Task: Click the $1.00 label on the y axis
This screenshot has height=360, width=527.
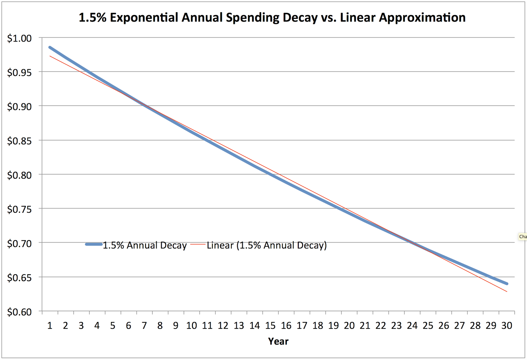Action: pyautogui.click(x=19, y=38)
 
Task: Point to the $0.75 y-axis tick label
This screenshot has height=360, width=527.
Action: pyautogui.click(x=19, y=209)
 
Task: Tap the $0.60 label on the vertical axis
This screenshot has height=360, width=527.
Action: pyautogui.click(x=19, y=312)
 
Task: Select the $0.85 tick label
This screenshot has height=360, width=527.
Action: pyautogui.click(x=19, y=141)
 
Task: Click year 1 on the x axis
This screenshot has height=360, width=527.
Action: pyautogui.click(x=50, y=326)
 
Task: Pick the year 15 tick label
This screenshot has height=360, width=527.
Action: pyautogui.click(x=270, y=326)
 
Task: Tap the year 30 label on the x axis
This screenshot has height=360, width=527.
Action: pyautogui.click(x=507, y=326)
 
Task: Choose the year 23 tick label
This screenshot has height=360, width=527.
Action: pyautogui.click(x=396, y=326)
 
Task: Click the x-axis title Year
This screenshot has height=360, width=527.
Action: pyautogui.click(x=278, y=341)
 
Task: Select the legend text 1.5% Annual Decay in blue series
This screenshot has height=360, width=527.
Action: pyautogui.click(x=145, y=245)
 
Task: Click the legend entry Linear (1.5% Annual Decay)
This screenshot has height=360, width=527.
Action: pyautogui.click(x=266, y=245)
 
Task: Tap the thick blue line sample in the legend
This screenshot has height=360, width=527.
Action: pyautogui.click(x=94, y=244)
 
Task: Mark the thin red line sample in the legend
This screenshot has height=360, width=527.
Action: pyautogui.click(x=198, y=244)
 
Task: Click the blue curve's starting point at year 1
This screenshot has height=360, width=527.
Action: pyautogui.click(x=50, y=47)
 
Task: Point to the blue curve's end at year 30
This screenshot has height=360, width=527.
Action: pyautogui.click(x=507, y=284)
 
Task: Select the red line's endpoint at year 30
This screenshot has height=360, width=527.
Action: pyautogui.click(x=507, y=291)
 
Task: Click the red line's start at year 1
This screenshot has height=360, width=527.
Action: pyautogui.click(x=50, y=56)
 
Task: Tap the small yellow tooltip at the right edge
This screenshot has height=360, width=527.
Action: pyautogui.click(x=523, y=236)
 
